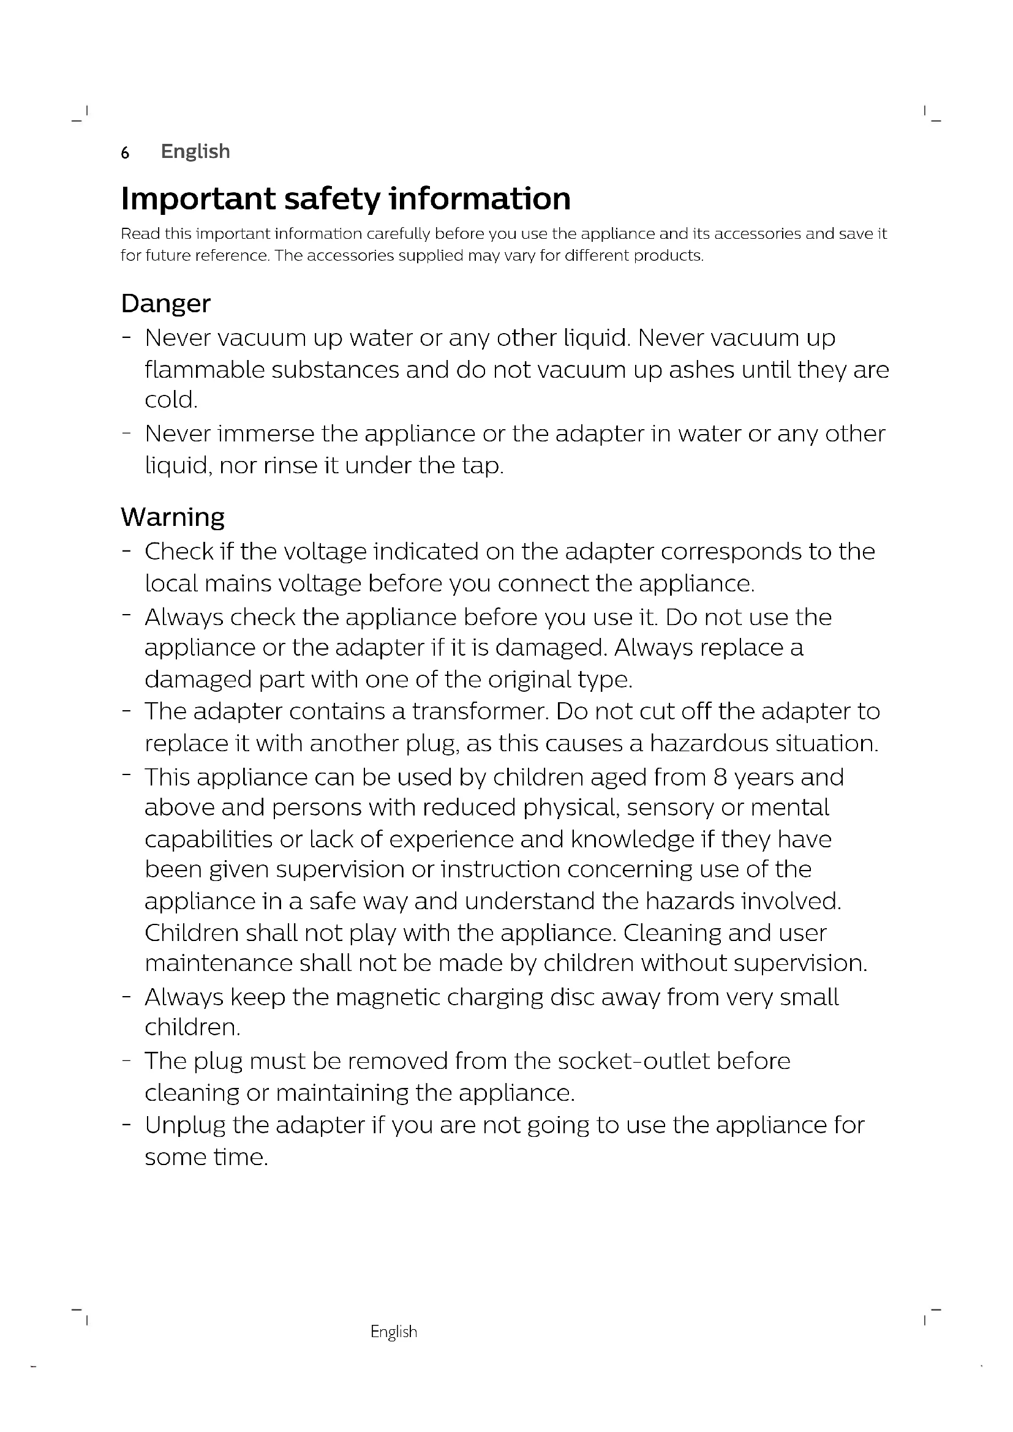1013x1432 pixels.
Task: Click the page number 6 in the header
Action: pos(125,152)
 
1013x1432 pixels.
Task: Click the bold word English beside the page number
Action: pos(195,152)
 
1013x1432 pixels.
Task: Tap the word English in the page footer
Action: pos(394,1332)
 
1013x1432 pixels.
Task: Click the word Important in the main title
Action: pos(198,198)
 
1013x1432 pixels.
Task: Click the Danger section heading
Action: pos(165,304)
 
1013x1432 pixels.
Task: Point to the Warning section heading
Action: pos(173,518)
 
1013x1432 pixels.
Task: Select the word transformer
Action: pos(480,711)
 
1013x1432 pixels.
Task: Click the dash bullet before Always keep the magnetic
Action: pos(127,996)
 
